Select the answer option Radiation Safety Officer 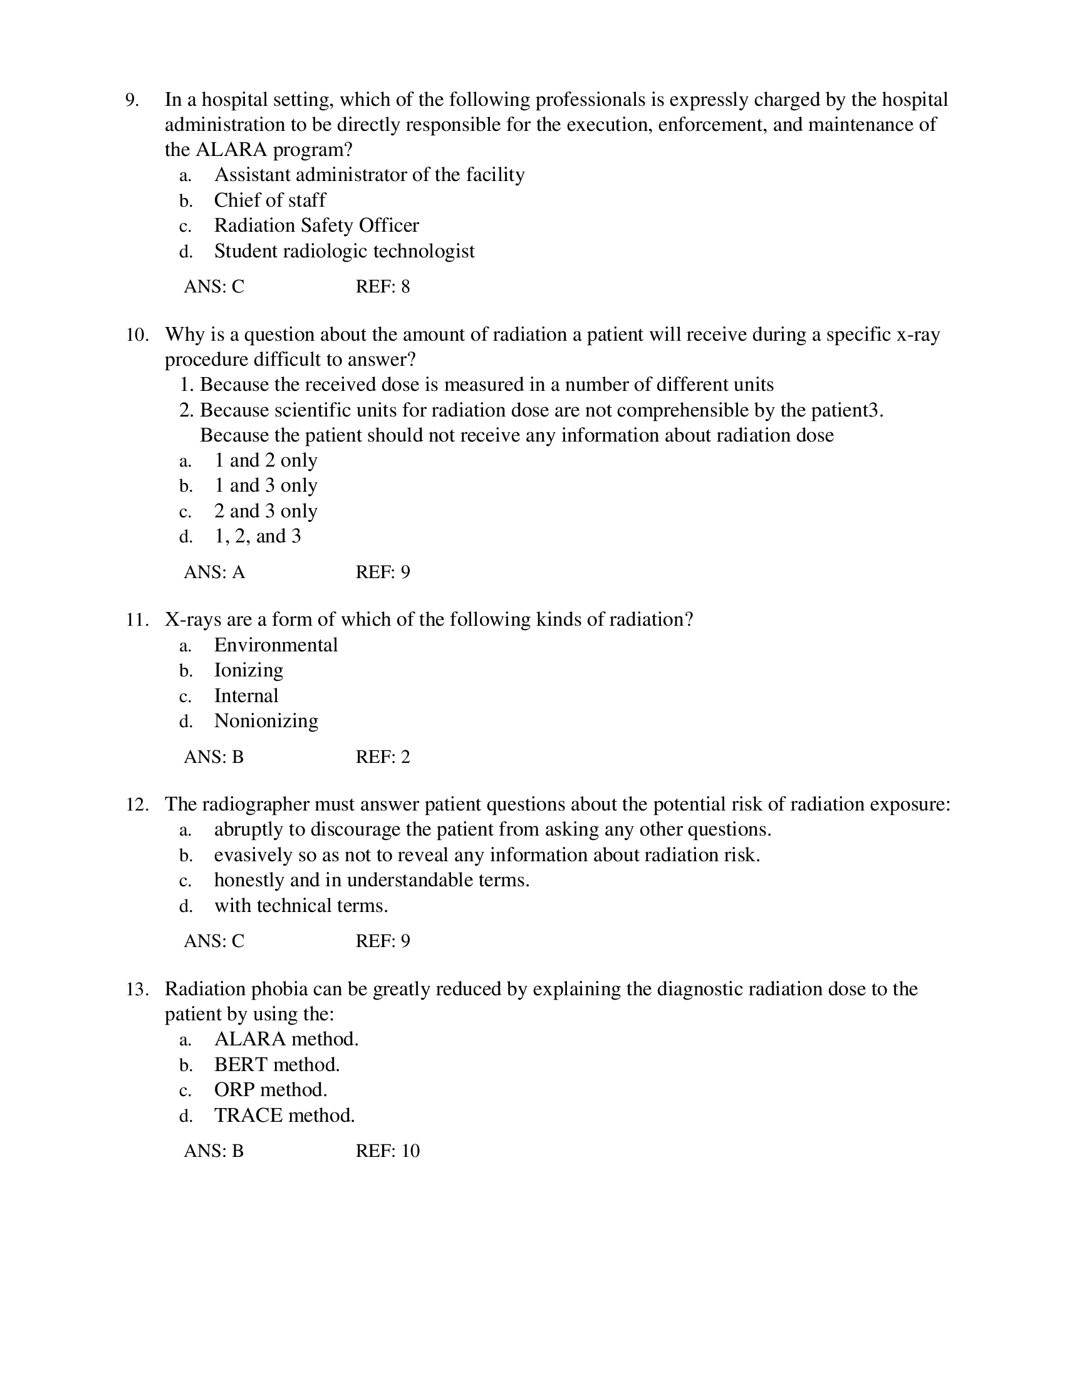[316, 225]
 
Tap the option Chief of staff [269, 200]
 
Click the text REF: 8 [382, 287]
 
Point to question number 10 [137, 334]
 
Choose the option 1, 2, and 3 [257, 536]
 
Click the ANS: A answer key [214, 572]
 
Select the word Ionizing [248, 670]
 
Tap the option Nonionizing [266, 720]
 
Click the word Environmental [276, 645]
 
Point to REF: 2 [382, 757]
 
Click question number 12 [137, 804]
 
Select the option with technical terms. [301, 906]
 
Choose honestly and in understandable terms [371, 880]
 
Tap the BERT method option [276, 1065]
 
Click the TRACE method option [284, 1116]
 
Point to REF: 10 [387, 1151]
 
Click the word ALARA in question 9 [231, 150]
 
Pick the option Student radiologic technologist [344, 251]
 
